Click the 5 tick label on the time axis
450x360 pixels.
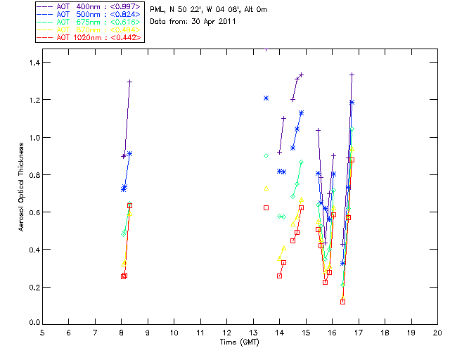[x=42, y=333]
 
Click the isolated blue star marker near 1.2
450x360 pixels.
[x=266, y=98]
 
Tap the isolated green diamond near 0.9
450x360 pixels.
[x=266, y=155]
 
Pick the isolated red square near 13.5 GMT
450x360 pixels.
[x=266, y=207]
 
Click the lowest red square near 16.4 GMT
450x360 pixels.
[x=342, y=302]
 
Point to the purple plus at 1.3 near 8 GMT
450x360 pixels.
[x=129, y=82]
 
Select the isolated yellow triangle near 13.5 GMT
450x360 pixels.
[x=266, y=188]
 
